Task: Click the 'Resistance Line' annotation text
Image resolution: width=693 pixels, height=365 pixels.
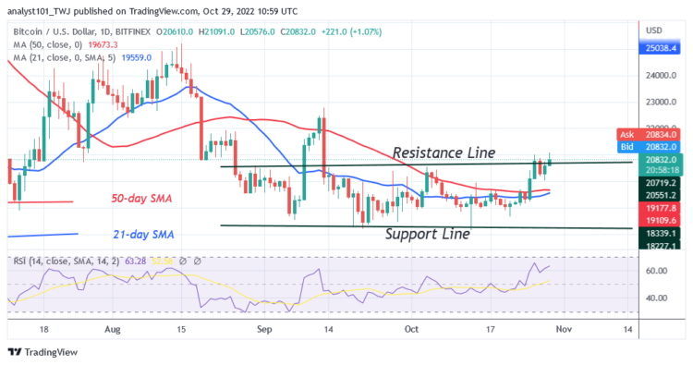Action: tap(444, 152)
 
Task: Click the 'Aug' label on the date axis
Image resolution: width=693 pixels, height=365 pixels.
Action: tap(113, 328)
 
